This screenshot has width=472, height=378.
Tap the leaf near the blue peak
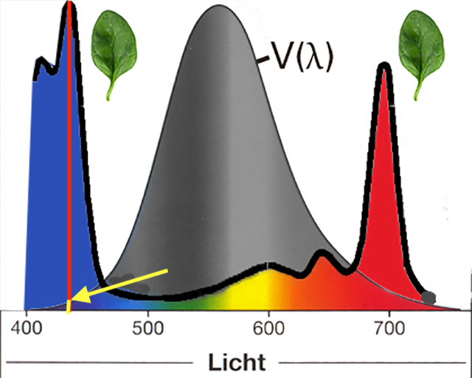pyautogui.click(x=114, y=49)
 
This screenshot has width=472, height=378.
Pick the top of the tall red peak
pyautogui.click(x=383, y=67)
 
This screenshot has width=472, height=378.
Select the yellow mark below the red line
pyautogui.click(x=69, y=308)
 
